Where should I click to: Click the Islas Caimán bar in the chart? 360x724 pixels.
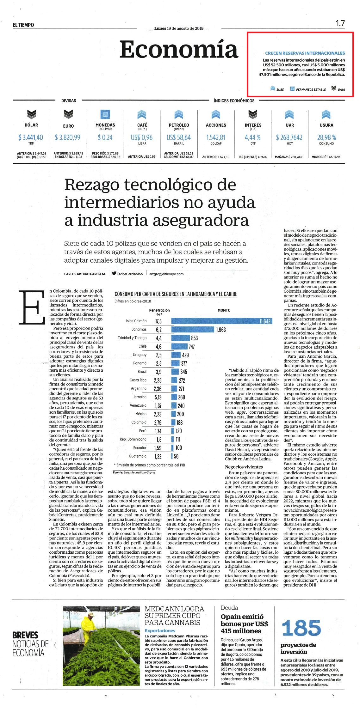[x=222, y=321]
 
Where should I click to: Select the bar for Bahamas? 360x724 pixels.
[x=193, y=330]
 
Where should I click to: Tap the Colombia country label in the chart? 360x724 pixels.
[x=139, y=422]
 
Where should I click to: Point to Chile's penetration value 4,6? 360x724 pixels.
[x=158, y=346]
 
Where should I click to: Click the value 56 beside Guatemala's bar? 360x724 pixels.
[x=176, y=456]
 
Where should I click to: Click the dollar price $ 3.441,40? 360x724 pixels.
[x=31, y=137]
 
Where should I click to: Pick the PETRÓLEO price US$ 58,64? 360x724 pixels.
[x=179, y=137]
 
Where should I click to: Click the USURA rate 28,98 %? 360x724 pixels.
[x=326, y=137]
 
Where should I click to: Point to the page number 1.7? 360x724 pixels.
[x=340, y=23]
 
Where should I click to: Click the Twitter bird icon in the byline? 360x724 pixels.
[x=114, y=274]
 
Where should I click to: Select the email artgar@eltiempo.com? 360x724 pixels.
[x=166, y=274]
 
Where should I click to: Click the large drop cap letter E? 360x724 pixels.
[x=32, y=307]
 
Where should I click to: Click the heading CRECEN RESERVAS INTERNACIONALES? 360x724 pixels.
[x=305, y=53]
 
